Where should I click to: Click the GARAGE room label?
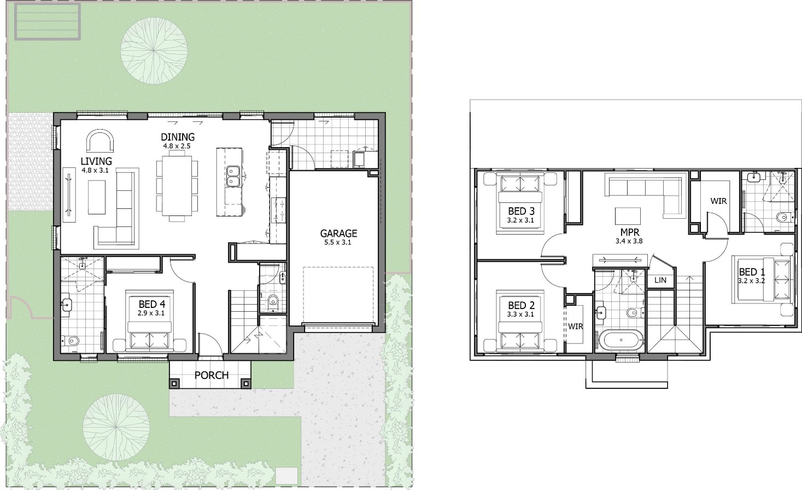click(x=338, y=234)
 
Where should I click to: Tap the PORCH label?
click(x=212, y=375)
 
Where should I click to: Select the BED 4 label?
click(x=152, y=305)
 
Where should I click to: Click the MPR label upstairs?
click(x=630, y=232)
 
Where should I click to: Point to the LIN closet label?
click(x=660, y=280)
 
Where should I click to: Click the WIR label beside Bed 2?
click(x=575, y=326)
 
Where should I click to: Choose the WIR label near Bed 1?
click(x=719, y=201)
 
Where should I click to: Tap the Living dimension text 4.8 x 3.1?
click(x=95, y=171)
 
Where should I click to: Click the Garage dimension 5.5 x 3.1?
click(x=338, y=242)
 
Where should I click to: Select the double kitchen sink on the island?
click(x=233, y=176)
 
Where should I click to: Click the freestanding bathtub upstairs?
click(x=621, y=340)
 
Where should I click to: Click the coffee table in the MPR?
click(x=628, y=215)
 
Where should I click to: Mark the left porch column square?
click(x=174, y=383)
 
